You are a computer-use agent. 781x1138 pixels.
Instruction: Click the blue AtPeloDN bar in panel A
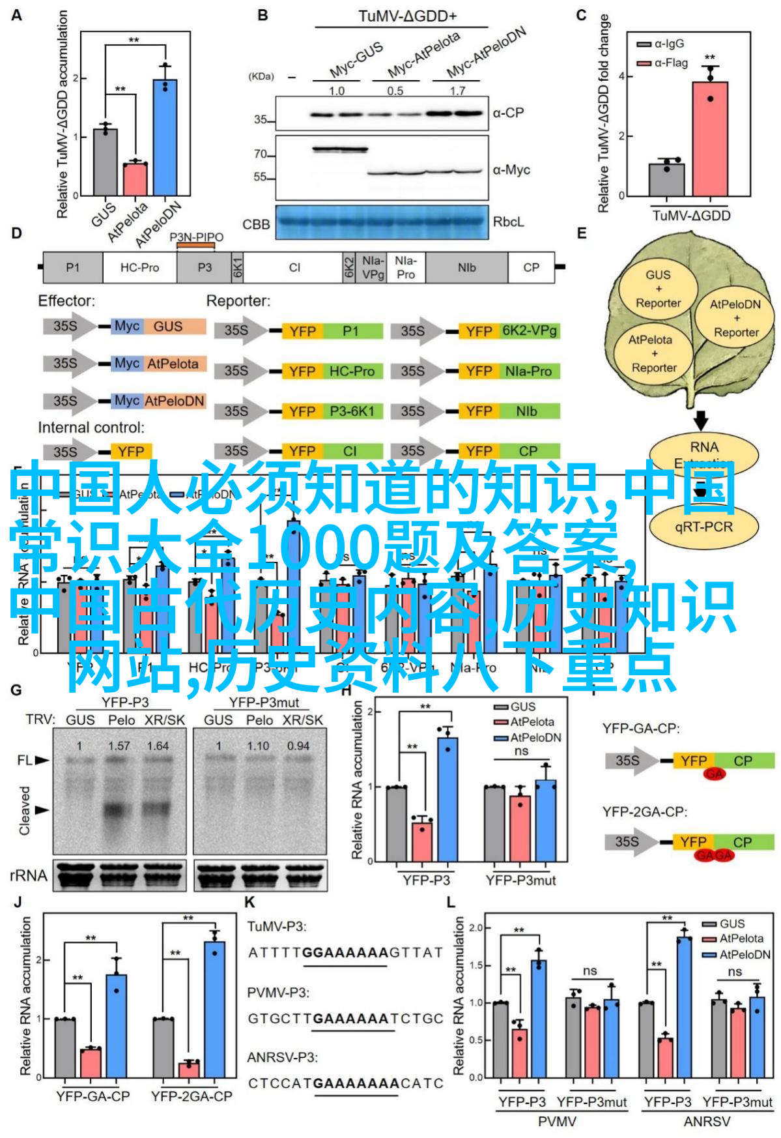click(x=165, y=138)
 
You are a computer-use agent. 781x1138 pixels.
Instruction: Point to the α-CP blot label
click(x=508, y=113)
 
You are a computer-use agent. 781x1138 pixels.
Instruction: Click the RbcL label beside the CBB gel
click(x=508, y=222)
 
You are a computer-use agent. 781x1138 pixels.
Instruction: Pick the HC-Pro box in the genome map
click(x=139, y=267)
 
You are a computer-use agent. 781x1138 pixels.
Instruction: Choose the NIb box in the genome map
click(x=466, y=267)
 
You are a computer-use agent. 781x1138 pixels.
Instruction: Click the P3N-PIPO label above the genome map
click(x=196, y=237)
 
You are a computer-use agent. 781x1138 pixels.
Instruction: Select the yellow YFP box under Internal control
click(x=131, y=452)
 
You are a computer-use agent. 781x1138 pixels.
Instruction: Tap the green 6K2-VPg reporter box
click(x=530, y=331)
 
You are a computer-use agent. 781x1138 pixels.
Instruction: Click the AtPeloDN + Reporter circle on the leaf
click(x=735, y=318)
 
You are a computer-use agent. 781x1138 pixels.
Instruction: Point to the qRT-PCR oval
click(x=703, y=527)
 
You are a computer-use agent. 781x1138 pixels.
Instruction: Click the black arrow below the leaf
click(x=700, y=420)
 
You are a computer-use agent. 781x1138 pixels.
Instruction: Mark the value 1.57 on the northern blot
click(x=119, y=746)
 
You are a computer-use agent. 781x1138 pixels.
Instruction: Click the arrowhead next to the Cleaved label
click(x=42, y=810)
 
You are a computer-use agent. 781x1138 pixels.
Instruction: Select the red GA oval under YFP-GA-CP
click(x=714, y=774)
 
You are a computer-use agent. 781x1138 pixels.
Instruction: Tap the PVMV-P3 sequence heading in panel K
click(x=278, y=992)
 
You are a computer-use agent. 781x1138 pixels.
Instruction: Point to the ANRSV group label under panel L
click(x=707, y=1122)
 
